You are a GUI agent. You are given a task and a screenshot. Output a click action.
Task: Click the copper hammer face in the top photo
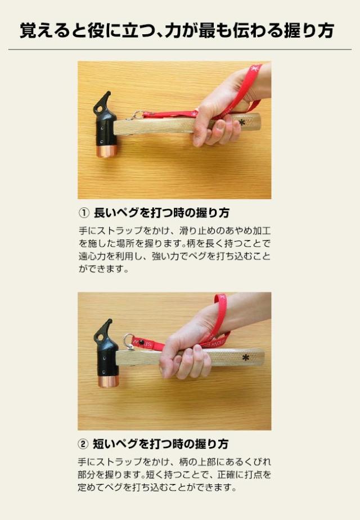tap(107, 151)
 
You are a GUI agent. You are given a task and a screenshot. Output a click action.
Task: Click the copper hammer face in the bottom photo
tap(108, 381)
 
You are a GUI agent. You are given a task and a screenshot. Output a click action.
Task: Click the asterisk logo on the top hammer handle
tap(242, 123)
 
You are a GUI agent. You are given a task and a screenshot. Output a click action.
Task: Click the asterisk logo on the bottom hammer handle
tap(245, 358)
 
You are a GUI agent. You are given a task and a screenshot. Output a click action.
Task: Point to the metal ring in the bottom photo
tap(128, 341)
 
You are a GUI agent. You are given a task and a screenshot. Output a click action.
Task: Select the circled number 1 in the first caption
tap(84, 212)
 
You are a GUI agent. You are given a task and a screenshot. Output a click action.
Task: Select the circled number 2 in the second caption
tap(83, 444)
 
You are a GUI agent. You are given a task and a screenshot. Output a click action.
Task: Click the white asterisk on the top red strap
tap(254, 69)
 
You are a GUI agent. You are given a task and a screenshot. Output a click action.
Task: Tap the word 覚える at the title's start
tap(44, 30)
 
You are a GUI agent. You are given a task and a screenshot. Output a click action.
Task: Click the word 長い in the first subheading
tap(105, 212)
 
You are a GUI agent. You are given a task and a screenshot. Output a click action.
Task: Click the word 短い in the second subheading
tap(103, 444)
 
